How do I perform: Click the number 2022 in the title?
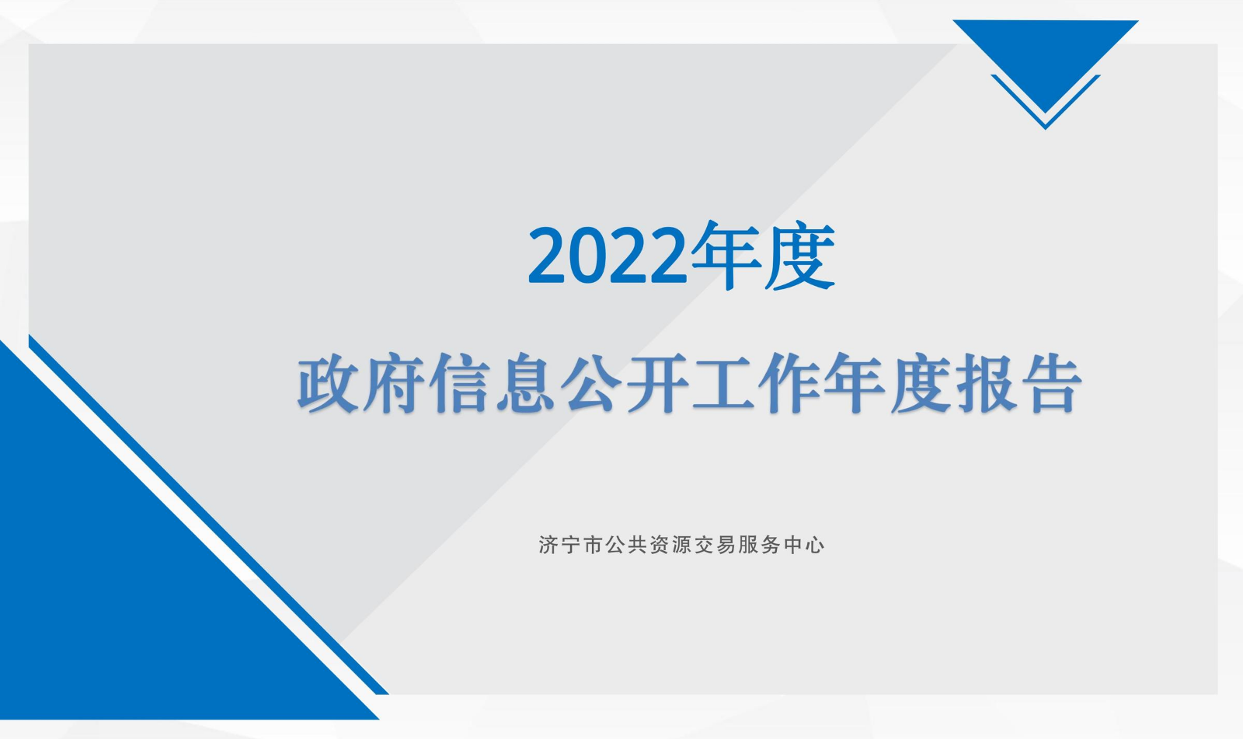click(x=608, y=256)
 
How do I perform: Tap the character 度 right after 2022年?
click(x=799, y=256)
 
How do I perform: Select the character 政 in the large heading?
click(x=327, y=383)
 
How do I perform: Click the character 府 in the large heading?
click(x=393, y=383)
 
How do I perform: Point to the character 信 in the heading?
click(x=460, y=383)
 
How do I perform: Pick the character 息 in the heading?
click(x=525, y=383)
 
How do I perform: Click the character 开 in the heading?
click(x=657, y=383)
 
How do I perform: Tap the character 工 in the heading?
click(x=723, y=383)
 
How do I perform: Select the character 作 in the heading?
click(x=789, y=383)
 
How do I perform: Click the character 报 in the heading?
click(x=987, y=383)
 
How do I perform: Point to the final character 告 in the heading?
click(x=1053, y=383)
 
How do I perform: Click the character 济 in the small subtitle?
click(x=548, y=546)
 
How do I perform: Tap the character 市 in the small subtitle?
click(x=593, y=546)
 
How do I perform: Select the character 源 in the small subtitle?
click(x=681, y=546)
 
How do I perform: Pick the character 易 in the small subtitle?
click(x=726, y=546)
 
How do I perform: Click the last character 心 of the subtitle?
click(x=815, y=546)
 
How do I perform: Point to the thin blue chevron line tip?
click(x=1046, y=129)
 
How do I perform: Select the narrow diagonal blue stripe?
click(x=208, y=514)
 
